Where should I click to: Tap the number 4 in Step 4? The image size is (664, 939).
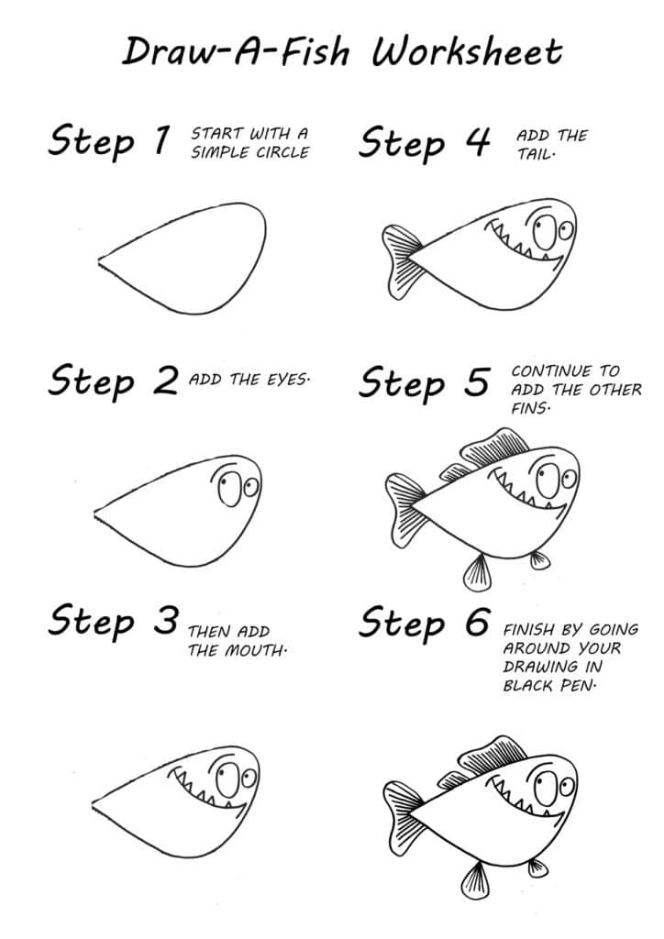(476, 142)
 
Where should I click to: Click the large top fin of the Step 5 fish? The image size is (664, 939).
(495, 447)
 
